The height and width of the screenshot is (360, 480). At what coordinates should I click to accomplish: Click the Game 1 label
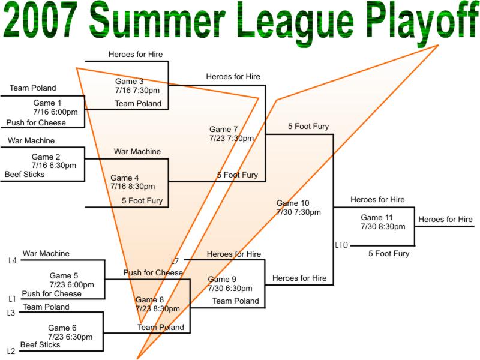click(x=47, y=103)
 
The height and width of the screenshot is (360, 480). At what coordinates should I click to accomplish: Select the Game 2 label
click(x=46, y=157)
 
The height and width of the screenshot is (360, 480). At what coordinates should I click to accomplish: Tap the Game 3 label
click(x=129, y=81)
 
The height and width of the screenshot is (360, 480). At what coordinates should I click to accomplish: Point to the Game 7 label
click(x=223, y=129)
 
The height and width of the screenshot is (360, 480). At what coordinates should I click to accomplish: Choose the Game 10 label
click(x=293, y=203)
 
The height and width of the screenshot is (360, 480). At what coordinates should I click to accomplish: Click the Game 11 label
click(x=377, y=217)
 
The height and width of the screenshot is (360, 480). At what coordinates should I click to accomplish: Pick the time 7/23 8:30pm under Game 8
click(x=158, y=308)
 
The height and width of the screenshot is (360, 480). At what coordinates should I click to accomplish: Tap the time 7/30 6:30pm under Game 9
click(x=230, y=288)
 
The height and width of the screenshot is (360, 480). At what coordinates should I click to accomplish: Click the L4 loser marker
click(x=13, y=261)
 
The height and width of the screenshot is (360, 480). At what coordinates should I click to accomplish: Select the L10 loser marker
click(x=341, y=245)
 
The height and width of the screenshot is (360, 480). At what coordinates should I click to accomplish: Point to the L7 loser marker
click(x=175, y=261)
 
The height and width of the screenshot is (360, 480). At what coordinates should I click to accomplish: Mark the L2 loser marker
click(x=11, y=351)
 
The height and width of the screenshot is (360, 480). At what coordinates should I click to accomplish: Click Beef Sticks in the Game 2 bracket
click(x=25, y=174)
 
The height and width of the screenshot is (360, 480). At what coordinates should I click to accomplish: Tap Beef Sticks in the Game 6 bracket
click(x=40, y=344)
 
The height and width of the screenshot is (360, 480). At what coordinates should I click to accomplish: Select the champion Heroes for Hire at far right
click(x=445, y=219)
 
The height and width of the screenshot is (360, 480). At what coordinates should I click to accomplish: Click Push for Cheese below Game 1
click(x=36, y=123)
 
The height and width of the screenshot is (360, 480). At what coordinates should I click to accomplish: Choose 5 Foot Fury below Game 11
click(x=389, y=253)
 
